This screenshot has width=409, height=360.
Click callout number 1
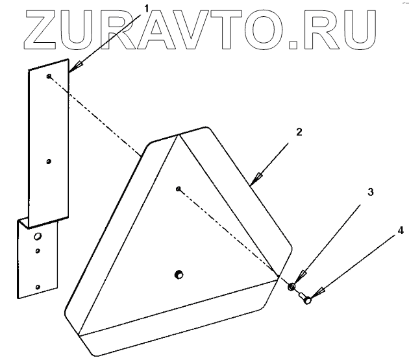coord(146,8)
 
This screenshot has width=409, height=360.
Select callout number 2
coord(299,132)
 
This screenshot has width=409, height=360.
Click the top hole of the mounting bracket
coord(50,76)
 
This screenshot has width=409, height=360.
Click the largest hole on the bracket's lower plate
coord(38,235)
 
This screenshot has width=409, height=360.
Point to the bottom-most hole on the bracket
coord(38,285)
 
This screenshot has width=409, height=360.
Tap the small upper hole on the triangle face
coord(177,189)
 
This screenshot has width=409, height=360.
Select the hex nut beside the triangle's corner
coord(291,286)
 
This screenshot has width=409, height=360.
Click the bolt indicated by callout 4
coord(306,298)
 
